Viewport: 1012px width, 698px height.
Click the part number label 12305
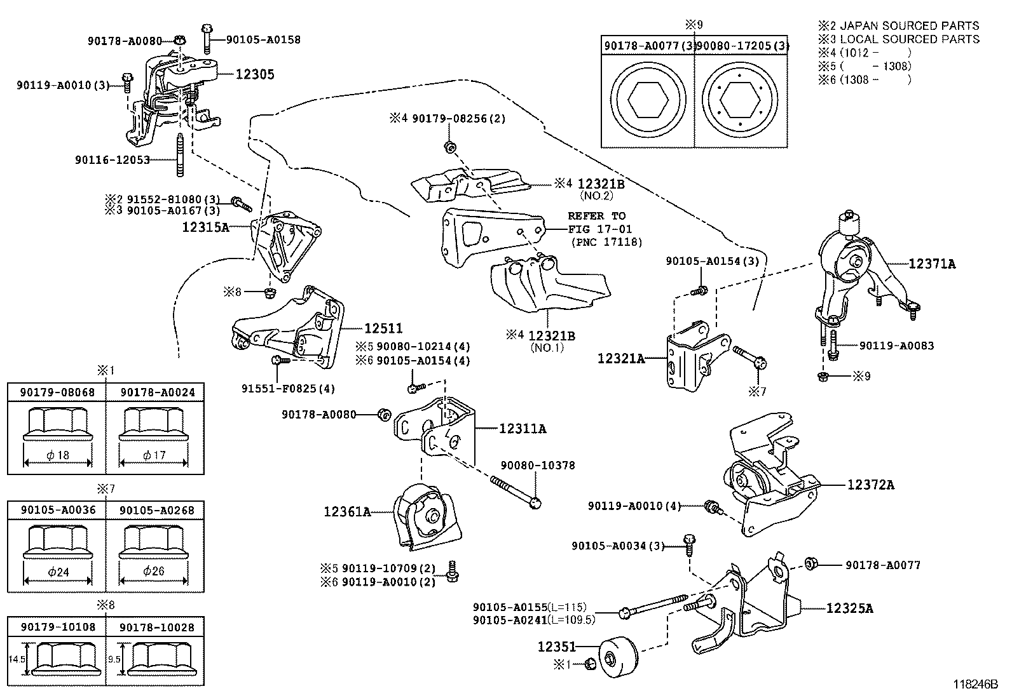tap(255, 74)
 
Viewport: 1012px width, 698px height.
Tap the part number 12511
tap(383, 328)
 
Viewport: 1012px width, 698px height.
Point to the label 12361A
tap(347, 511)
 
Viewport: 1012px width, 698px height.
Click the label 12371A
tap(931, 264)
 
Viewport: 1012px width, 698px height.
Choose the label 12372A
tap(870, 485)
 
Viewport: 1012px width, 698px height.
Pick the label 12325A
tap(849, 608)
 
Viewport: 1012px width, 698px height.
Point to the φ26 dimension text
tap(154, 571)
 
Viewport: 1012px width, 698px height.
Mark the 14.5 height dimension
tap(17, 659)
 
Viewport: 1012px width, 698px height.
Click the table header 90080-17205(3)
tap(742, 46)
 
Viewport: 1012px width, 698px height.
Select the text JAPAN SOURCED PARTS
tap(910, 25)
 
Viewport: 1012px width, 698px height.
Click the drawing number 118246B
tap(975, 685)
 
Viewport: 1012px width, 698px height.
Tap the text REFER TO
tap(596, 216)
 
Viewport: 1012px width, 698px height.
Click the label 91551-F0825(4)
tap(288, 388)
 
